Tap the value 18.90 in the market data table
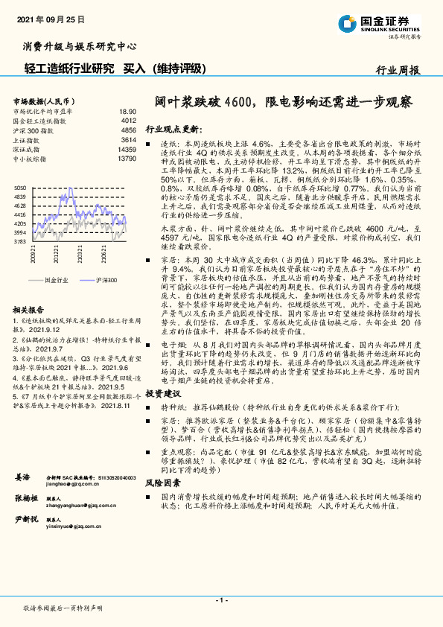coord(128,110)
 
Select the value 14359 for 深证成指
coord(127,149)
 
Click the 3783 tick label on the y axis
coord(21,241)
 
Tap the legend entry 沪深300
coord(107,280)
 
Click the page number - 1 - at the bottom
coord(221,600)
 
